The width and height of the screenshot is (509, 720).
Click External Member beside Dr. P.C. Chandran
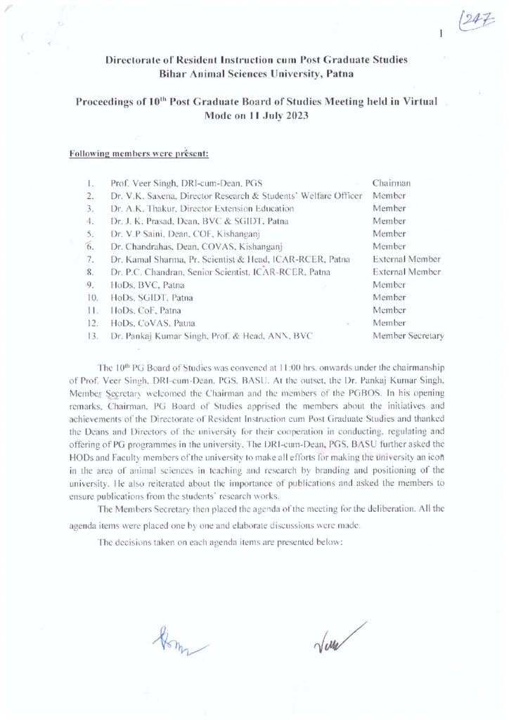pos(407,271)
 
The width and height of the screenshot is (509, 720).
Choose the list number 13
pos(90,335)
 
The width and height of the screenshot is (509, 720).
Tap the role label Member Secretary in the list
pos(408,335)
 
